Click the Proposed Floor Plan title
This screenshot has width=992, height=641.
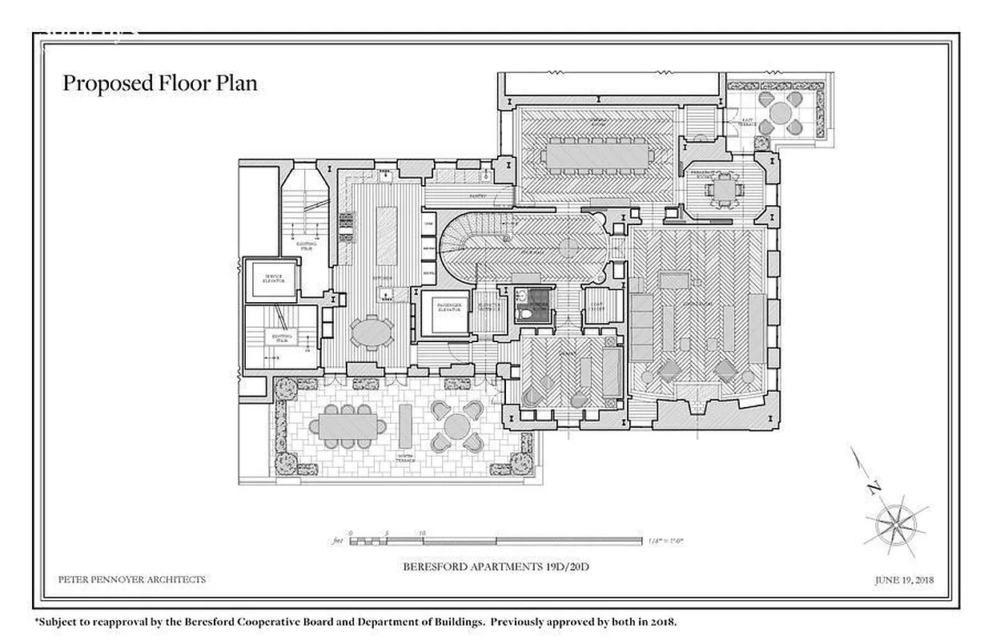point(160,83)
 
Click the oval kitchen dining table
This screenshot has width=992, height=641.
point(372,331)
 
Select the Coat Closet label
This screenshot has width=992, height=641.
point(603,305)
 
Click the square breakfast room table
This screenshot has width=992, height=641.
point(723,190)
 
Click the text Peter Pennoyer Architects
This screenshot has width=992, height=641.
point(132,579)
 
